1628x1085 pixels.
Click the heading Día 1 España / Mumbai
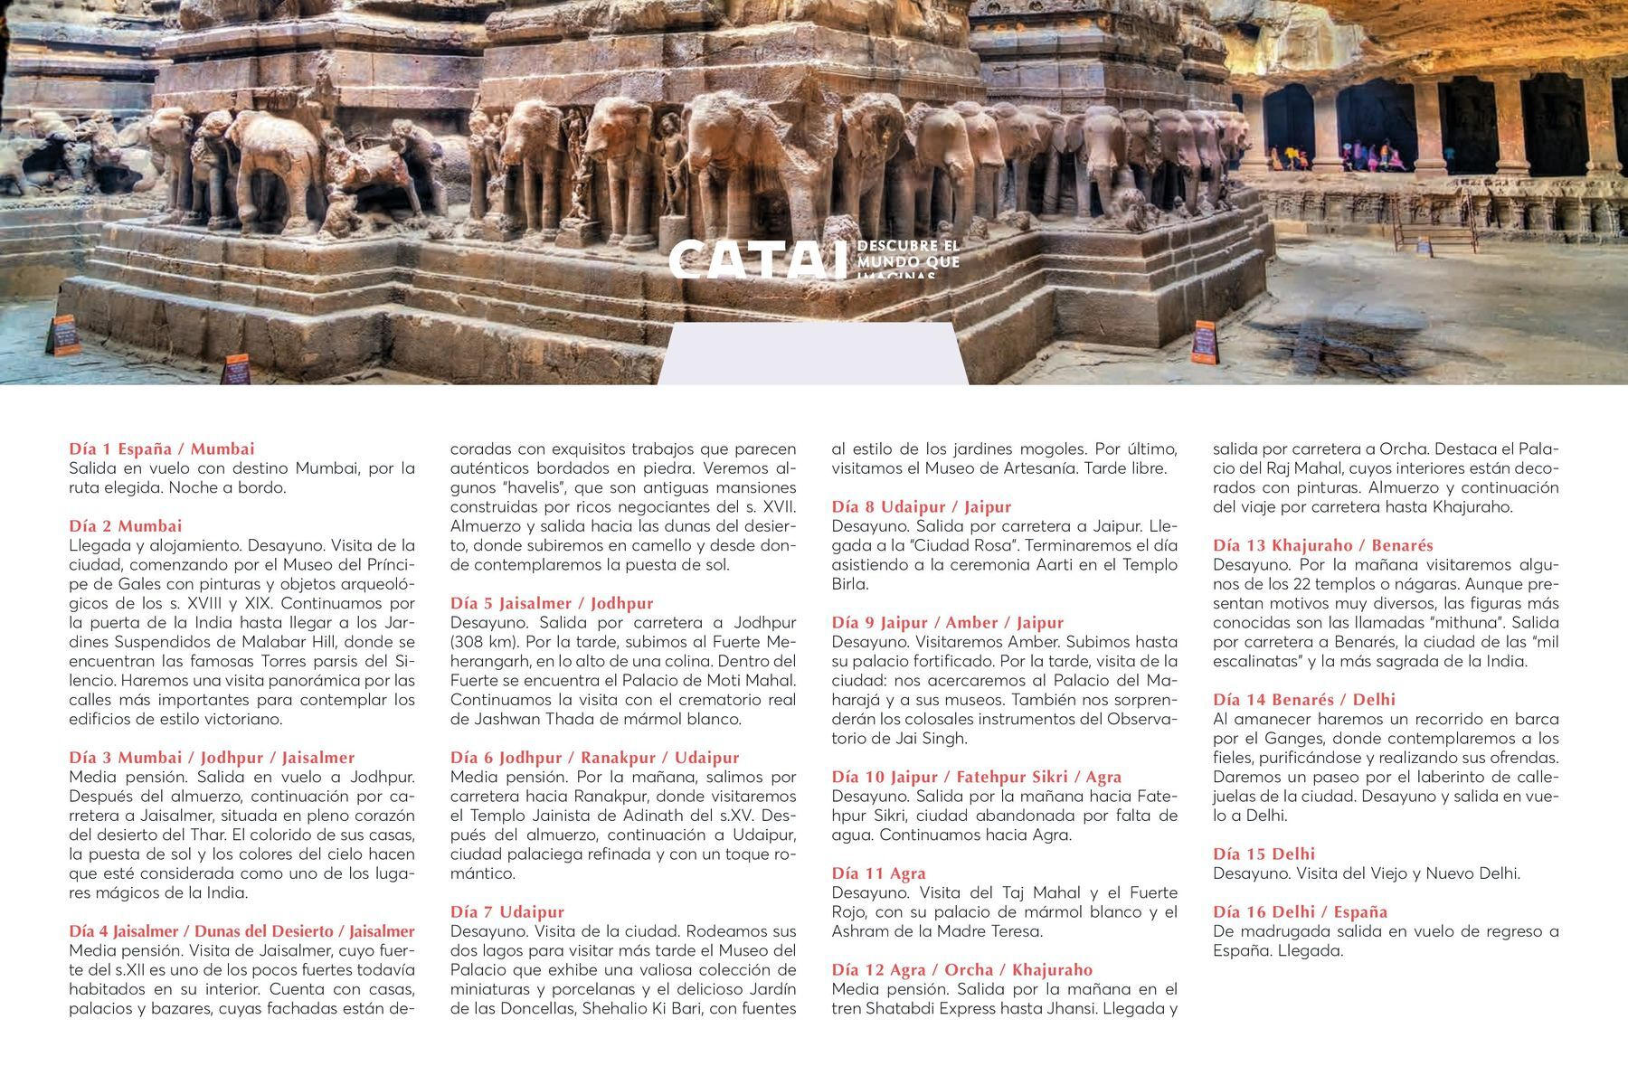tap(162, 448)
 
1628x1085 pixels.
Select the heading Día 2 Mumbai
tap(126, 525)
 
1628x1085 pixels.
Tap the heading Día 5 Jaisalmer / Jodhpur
tap(552, 603)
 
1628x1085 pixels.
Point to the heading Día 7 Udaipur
tap(507, 911)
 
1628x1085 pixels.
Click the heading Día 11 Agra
tap(879, 873)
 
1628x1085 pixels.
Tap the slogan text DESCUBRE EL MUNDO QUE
tap(907, 254)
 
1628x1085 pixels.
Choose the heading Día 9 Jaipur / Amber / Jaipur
tap(948, 622)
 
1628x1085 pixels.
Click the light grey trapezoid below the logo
tap(812, 354)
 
